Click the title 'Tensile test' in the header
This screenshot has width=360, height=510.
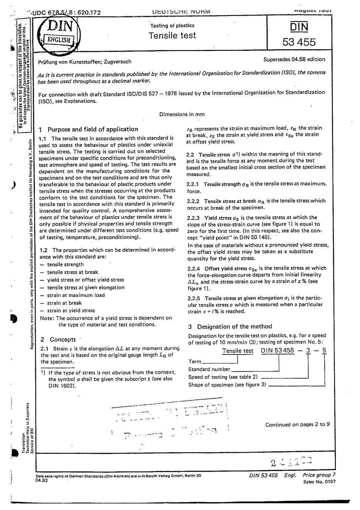click(x=172, y=36)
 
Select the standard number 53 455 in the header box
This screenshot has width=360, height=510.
click(x=299, y=42)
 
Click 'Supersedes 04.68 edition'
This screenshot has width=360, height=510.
click(x=294, y=59)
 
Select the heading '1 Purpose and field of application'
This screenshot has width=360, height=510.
click(x=89, y=129)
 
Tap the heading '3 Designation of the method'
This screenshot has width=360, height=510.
click(x=230, y=326)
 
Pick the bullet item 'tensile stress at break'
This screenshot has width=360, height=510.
click(x=72, y=272)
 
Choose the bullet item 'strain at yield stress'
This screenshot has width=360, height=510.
click(x=71, y=311)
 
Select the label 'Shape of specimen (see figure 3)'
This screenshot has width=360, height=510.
click(x=227, y=384)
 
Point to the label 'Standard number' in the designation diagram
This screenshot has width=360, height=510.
click(x=209, y=369)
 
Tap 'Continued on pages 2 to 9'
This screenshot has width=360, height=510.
click(x=297, y=424)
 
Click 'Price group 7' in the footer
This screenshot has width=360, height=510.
click(x=319, y=475)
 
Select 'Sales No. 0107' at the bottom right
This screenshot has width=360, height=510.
click(x=319, y=482)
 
